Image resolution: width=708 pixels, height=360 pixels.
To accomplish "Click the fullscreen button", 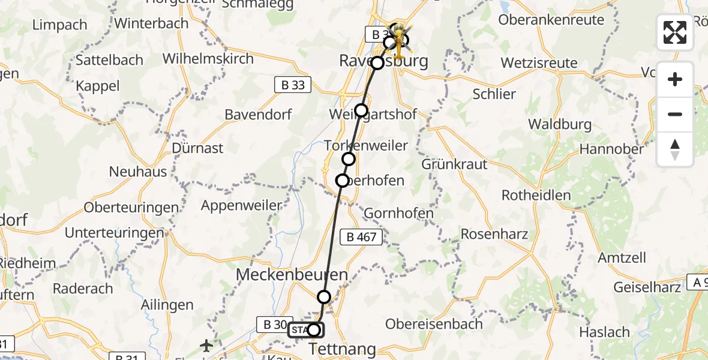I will (x=675, y=32).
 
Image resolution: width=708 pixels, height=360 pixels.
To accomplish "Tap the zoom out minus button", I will (x=675, y=114).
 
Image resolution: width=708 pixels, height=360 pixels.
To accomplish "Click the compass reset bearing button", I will (x=675, y=149).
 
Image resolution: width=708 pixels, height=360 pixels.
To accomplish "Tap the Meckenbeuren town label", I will (x=292, y=275).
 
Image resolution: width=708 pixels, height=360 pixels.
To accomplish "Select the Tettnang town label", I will (x=342, y=349).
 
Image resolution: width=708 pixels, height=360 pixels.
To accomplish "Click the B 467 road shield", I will (x=362, y=237).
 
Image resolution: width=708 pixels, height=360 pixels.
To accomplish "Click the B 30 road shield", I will (x=272, y=325).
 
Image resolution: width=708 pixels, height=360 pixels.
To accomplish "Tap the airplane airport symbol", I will (x=206, y=346).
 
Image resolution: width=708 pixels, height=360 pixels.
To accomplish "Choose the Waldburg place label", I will (x=560, y=125).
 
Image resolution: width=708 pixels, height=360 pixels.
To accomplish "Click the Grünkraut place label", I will (x=454, y=164).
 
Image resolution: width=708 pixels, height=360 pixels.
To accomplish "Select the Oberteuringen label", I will (x=131, y=208).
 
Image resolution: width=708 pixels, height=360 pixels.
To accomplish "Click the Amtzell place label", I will (x=622, y=258).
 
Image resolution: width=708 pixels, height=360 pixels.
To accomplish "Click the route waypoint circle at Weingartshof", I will (x=361, y=110).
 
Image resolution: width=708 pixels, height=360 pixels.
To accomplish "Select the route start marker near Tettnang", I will (x=313, y=329).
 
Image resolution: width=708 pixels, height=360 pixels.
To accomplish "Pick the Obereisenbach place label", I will (x=434, y=324).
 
